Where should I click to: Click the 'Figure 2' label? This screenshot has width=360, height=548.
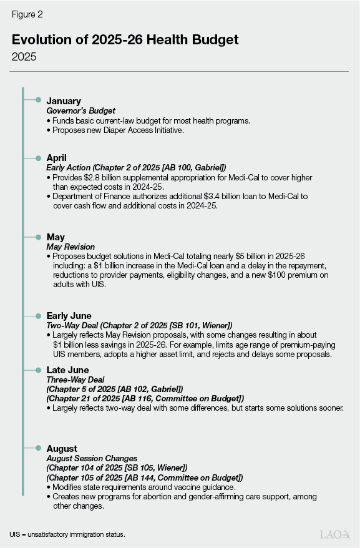pyautogui.click(x=27, y=13)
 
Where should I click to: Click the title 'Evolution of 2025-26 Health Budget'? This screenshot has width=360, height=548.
pyautogui.click(x=125, y=39)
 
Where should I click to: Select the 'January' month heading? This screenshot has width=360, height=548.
pyautogui.click(x=64, y=100)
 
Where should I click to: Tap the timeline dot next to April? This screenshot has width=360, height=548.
pyautogui.click(x=38, y=158)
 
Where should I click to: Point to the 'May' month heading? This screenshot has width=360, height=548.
pyautogui.click(x=56, y=237)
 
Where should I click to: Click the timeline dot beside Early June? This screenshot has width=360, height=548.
pyautogui.click(x=38, y=316)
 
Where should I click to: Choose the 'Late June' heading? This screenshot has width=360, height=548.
pyautogui.click(x=68, y=369)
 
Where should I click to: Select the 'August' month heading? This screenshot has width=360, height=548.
pyautogui.click(x=62, y=448)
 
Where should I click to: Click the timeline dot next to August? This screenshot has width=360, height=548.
pyautogui.click(x=38, y=448)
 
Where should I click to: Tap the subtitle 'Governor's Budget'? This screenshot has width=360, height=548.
pyautogui.click(x=80, y=110)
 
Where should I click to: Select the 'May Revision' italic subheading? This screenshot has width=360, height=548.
pyautogui.click(x=71, y=247)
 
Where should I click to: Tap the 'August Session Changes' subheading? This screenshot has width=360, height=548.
pyautogui.click(x=91, y=458)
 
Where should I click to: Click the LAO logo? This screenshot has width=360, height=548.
pyautogui.click(x=334, y=534)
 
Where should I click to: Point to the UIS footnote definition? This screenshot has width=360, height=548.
pyautogui.click(x=67, y=534)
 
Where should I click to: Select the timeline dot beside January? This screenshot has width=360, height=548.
pyautogui.click(x=38, y=100)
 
